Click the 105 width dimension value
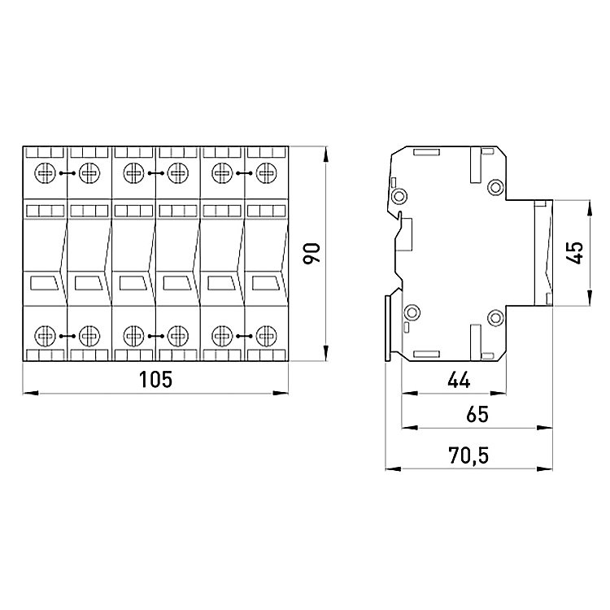coord(155,379)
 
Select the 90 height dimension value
coord(312,253)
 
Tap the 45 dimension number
coord(575,253)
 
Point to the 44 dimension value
coord(459,380)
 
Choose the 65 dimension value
coord(477,414)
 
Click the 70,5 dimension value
coord(468,455)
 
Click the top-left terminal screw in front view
coord(45,173)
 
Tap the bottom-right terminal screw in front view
coord(267,336)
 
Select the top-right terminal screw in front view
coord(267,173)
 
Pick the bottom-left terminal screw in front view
coord(45,336)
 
